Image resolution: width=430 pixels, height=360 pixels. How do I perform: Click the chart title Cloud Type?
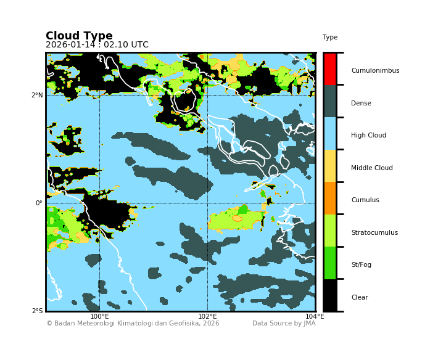pyautogui.click(x=79, y=36)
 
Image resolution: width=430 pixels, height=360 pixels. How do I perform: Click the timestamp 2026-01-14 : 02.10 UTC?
pyautogui.click(x=97, y=45)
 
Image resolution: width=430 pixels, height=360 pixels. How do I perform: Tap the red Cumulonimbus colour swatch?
pyautogui.click(x=330, y=69)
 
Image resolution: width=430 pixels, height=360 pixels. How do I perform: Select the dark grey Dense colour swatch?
pyautogui.click(x=330, y=101)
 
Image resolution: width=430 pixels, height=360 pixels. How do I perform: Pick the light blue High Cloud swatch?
pyautogui.click(x=330, y=134)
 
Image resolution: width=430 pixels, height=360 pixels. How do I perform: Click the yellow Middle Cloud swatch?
pyautogui.click(x=330, y=166)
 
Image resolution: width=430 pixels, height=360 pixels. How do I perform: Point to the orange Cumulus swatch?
pyautogui.click(x=330, y=198)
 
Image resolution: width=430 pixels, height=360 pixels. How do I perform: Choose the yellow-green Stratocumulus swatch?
pyautogui.click(x=330, y=231)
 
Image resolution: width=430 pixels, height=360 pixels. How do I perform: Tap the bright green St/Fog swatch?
pyautogui.click(x=330, y=263)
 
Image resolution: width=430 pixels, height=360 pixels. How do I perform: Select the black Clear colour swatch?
pyautogui.click(x=330, y=295)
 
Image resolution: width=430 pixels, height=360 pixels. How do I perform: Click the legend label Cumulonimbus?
pyautogui.click(x=375, y=71)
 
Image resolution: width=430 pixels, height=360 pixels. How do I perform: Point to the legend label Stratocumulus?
pyautogui.click(x=374, y=233)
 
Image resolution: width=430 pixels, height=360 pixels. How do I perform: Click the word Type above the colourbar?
pyautogui.click(x=330, y=38)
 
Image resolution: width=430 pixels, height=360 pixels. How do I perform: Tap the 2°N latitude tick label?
pyautogui.click(x=37, y=96)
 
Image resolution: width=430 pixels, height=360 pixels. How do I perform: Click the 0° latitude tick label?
pyautogui.click(x=39, y=203)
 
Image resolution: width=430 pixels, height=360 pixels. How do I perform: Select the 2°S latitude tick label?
pyautogui.click(x=37, y=311)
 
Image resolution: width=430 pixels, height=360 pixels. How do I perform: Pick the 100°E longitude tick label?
pyautogui.click(x=99, y=317)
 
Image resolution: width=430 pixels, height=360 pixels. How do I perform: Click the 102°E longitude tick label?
pyautogui.click(x=207, y=317)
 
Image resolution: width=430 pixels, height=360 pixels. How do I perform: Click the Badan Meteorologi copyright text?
pyautogui.click(x=133, y=324)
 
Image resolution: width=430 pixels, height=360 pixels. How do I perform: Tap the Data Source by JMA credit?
pyautogui.click(x=283, y=324)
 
